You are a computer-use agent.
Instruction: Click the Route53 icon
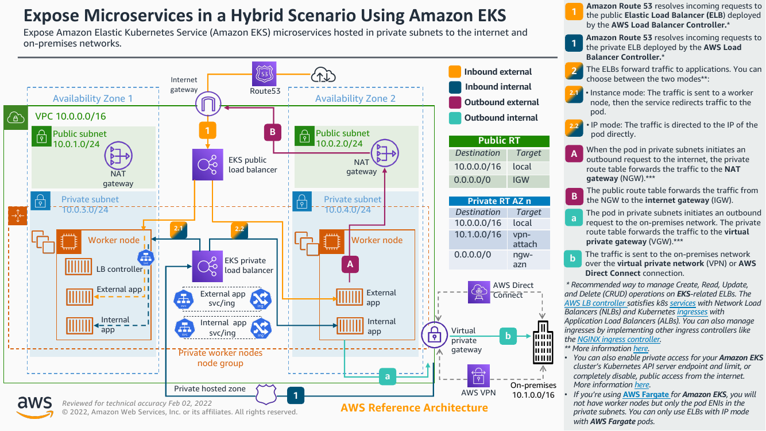pyautogui.click(x=264, y=74)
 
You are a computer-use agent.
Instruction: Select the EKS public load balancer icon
pyautogui.click(x=207, y=163)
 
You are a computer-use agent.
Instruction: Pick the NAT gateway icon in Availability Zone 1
pyautogui.click(x=118, y=156)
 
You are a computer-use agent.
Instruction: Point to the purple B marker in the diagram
pyautogui.click(x=273, y=132)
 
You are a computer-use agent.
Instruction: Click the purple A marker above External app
pyautogui.click(x=350, y=264)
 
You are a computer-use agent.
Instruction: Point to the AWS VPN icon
pyautogui.click(x=478, y=376)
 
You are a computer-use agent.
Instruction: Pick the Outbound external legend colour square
pyautogui.click(x=455, y=102)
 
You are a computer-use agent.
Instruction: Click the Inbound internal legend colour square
pyautogui.click(x=455, y=87)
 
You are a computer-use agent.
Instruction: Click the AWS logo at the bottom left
pyautogui.click(x=35, y=406)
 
